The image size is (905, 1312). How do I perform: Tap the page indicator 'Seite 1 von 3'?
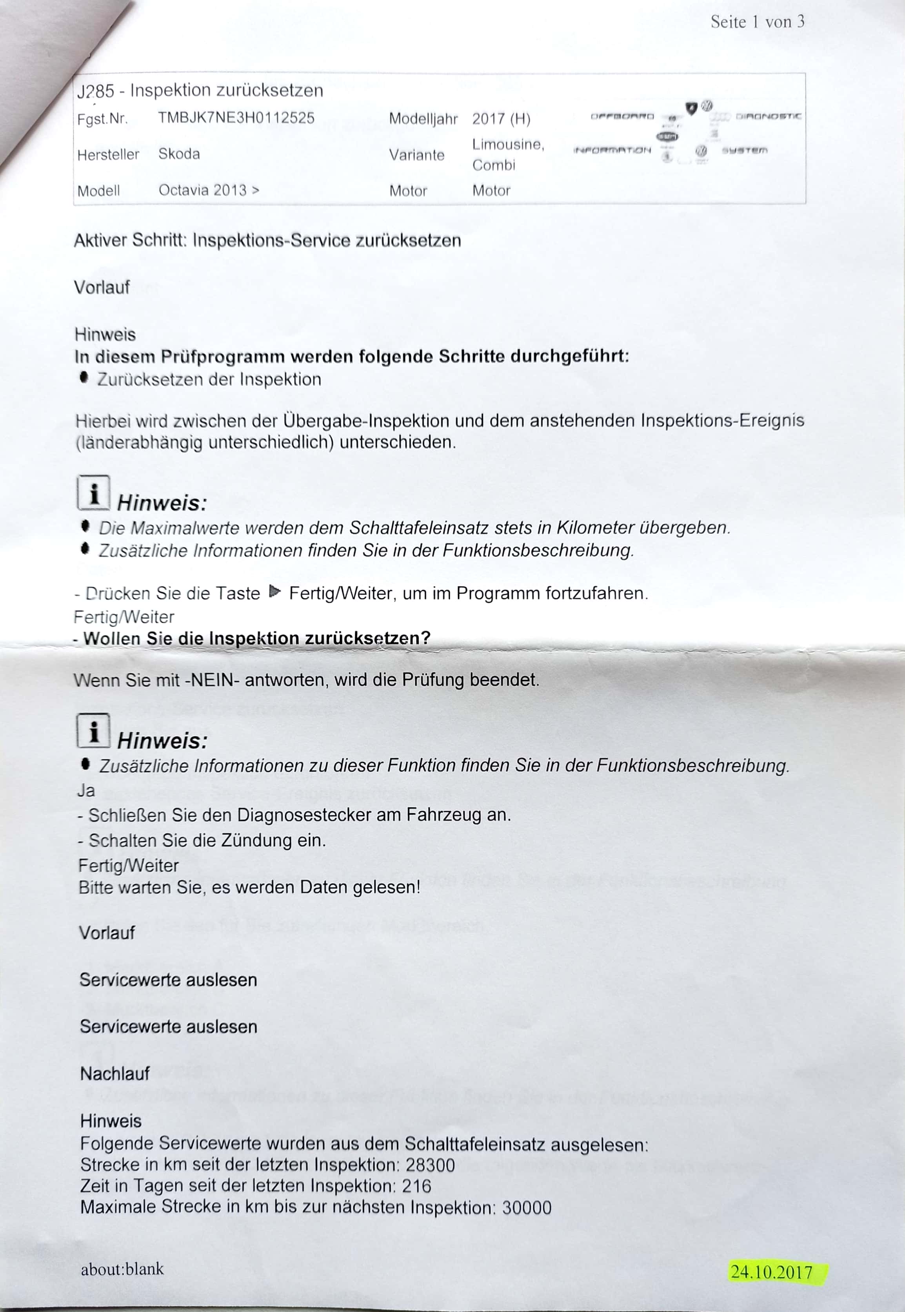click(757, 22)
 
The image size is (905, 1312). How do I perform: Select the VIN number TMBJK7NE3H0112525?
click(236, 118)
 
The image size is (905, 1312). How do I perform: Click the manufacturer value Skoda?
click(179, 154)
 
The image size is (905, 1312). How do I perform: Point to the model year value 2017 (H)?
click(501, 119)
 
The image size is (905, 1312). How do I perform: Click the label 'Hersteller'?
click(108, 155)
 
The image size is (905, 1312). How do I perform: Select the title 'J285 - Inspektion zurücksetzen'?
click(200, 91)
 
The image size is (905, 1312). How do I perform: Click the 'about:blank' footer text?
click(122, 1269)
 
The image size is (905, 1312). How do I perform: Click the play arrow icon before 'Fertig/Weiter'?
click(275, 592)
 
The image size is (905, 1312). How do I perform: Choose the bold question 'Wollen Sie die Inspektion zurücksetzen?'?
click(256, 638)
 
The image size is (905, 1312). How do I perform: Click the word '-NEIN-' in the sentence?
click(209, 680)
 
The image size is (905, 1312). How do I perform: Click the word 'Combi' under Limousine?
click(493, 165)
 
